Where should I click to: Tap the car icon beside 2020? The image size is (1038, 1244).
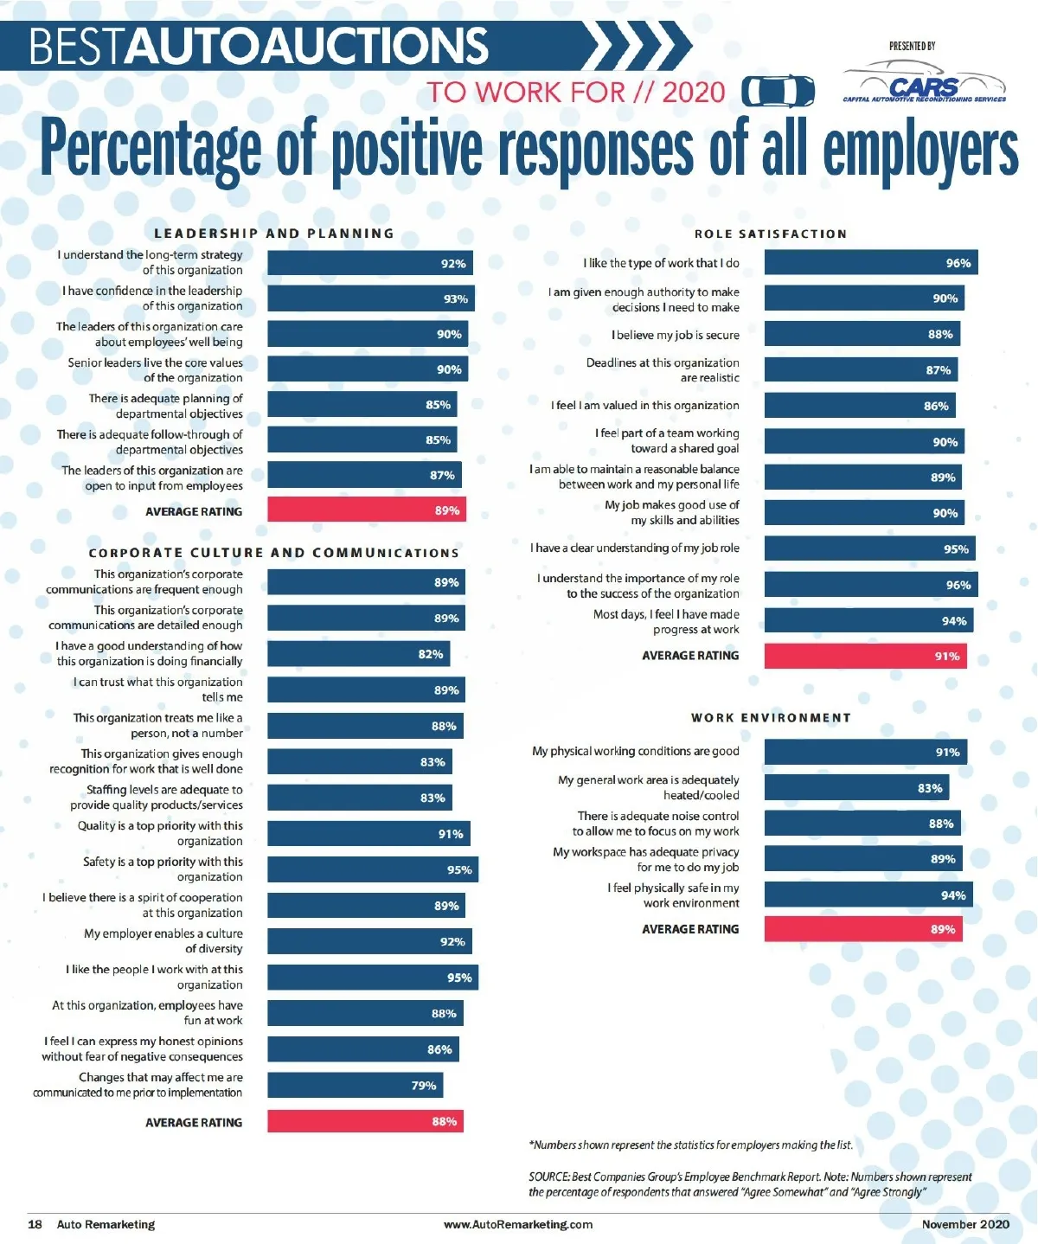click(778, 91)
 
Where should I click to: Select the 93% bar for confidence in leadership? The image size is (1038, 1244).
click(370, 298)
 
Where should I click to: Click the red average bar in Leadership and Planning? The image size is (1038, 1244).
click(367, 510)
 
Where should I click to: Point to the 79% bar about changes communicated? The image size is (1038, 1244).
click(355, 1085)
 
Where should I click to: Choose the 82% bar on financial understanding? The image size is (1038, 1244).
click(358, 654)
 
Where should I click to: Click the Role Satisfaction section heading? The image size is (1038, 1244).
click(770, 234)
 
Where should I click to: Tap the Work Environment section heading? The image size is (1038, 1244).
click(771, 718)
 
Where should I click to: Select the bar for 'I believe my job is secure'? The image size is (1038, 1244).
click(862, 334)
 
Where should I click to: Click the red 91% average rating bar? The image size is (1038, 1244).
click(865, 656)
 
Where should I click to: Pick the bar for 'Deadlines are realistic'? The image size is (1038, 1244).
click(861, 370)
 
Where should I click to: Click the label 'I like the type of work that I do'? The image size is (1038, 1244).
click(661, 263)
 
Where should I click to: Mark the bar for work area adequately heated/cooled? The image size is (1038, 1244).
click(856, 788)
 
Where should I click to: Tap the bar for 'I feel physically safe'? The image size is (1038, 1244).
click(868, 895)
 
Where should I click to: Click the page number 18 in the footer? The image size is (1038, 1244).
click(35, 1224)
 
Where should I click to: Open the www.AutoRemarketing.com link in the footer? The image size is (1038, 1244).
click(517, 1224)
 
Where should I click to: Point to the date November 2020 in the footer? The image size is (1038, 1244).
click(965, 1224)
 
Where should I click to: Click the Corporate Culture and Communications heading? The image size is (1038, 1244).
click(273, 553)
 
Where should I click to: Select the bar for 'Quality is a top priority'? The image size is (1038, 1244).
click(368, 834)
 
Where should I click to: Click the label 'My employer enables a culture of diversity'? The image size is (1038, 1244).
click(163, 941)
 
